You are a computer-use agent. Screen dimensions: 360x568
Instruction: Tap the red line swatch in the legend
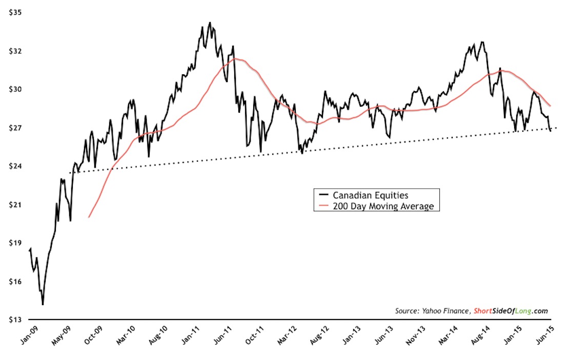tap(323, 206)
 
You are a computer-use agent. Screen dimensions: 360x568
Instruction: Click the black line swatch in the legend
tap(323, 195)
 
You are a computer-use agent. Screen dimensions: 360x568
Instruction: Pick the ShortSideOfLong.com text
tap(510, 311)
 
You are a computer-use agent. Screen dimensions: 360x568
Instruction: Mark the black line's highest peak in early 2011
tap(210, 23)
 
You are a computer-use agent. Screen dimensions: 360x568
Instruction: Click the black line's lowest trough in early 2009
tap(43, 305)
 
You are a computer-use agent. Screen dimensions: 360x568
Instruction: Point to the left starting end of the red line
tap(89, 217)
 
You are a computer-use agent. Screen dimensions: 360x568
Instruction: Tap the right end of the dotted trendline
tap(556, 128)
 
